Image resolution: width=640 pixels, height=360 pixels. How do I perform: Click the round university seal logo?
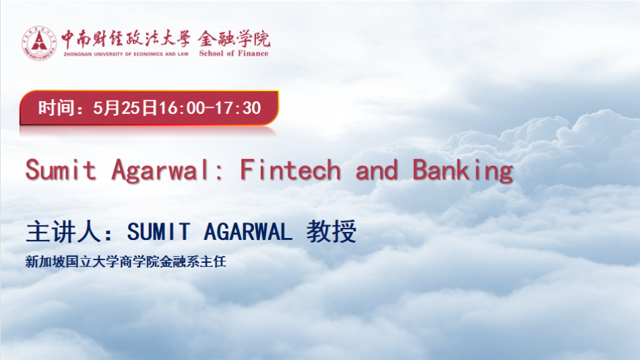tap(39, 43)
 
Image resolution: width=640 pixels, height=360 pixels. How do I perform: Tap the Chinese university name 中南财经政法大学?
tap(126, 38)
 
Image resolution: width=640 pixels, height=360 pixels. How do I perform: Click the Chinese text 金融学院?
tap(234, 39)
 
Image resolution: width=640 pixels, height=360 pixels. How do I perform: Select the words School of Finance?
tap(234, 53)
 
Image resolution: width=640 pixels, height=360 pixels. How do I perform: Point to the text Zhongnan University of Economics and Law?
tap(126, 54)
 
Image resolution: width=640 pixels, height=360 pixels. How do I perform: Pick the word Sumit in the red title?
tap(61, 170)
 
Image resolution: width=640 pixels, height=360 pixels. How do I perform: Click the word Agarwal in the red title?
tap(162, 171)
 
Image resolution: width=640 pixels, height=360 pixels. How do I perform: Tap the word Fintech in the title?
tap(290, 170)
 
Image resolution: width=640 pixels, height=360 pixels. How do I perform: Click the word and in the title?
tap(377, 170)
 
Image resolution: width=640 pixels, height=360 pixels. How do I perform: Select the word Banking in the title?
tap(463, 171)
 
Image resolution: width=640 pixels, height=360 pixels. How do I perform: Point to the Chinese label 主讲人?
tap(63, 232)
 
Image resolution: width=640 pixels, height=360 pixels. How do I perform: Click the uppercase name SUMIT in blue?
tap(159, 232)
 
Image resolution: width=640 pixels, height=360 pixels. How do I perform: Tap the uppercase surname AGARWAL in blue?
tap(248, 232)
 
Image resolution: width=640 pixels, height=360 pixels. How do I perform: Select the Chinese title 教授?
tap(331, 231)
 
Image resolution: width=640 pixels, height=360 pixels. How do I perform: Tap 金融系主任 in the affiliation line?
tap(193, 262)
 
